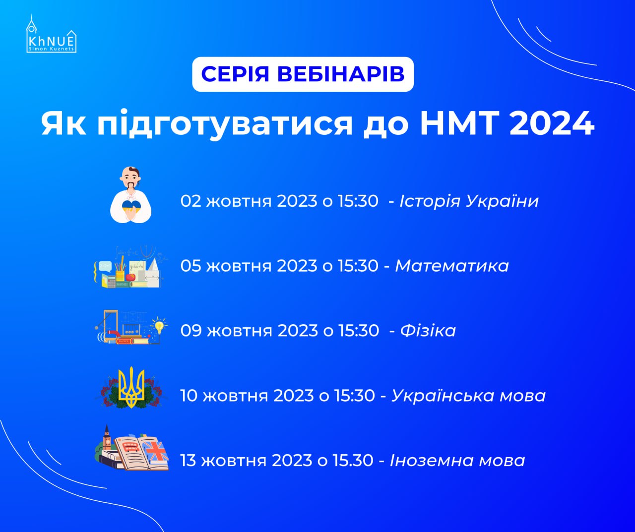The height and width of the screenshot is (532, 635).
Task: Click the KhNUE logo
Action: click(51, 34)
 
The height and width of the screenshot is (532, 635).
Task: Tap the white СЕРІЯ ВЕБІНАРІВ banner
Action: click(303, 74)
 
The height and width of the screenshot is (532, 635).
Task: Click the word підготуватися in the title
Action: click(225, 124)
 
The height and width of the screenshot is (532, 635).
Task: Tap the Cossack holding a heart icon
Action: click(130, 195)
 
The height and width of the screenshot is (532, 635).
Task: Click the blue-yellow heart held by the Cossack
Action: click(131, 206)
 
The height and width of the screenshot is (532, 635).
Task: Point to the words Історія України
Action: click(469, 201)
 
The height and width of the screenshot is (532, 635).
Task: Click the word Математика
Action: click(452, 266)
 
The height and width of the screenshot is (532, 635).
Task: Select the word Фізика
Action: click(428, 330)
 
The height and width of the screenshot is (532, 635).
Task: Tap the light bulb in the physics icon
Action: click(159, 326)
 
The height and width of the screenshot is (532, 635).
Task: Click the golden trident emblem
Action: click(131, 387)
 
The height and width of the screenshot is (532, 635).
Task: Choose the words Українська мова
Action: click(468, 396)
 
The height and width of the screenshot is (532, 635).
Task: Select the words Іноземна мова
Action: click(457, 460)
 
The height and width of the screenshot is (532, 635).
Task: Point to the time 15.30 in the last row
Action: click(353, 460)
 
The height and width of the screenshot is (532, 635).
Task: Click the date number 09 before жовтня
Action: click(191, 330)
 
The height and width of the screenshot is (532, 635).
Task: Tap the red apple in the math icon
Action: click(130, 277)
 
